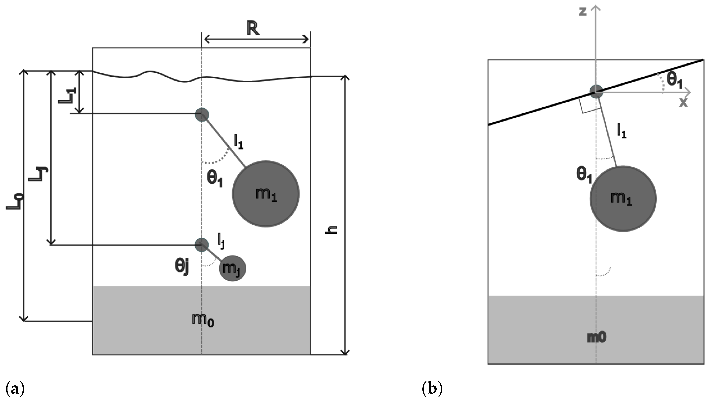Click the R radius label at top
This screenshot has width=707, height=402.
(x=253, y=29)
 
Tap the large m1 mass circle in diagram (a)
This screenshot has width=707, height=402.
(x=265, y=194)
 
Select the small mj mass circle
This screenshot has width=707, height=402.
(x=232, y=268)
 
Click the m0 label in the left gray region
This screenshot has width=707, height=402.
(x=203, y=320)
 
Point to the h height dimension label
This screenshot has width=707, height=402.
(x=331, y=230)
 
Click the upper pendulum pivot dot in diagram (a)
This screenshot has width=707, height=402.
(x=202, y=114)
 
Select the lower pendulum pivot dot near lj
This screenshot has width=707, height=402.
(x=201, y=245)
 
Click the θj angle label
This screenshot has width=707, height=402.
(x=182, y=267)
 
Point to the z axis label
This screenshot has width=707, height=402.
(x=583, y=12)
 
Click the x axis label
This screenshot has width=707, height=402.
(x=683, y=102)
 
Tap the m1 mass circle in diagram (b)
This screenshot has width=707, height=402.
(x=623, y=198)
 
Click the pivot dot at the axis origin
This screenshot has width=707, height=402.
(x=596, y=92)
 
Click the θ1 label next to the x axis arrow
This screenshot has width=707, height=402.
(x=674, y=80)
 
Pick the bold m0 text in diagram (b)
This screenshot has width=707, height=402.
(x=596, y=337)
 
